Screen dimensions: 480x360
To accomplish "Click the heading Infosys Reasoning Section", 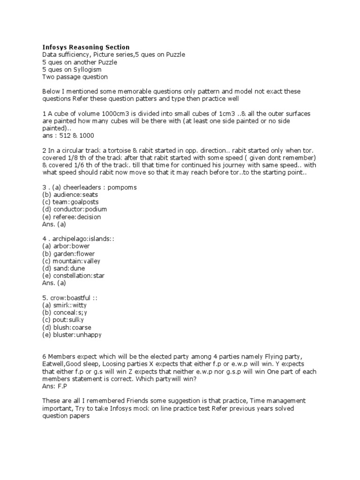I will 86,47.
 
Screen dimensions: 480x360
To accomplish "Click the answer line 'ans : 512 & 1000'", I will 68,135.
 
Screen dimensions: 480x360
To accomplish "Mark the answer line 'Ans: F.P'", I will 55,387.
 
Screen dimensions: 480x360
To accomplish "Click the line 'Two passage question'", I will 75,77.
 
